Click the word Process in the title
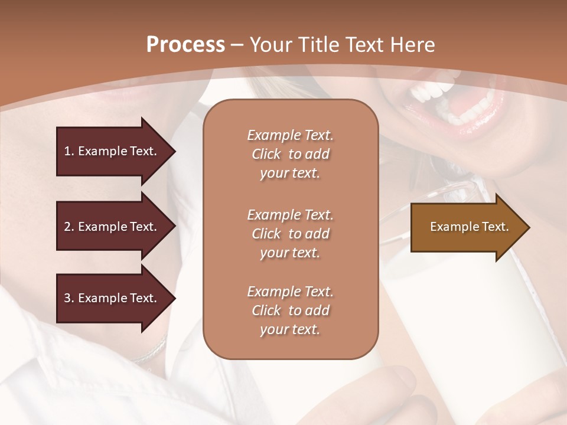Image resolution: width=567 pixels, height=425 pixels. tap(185, 45)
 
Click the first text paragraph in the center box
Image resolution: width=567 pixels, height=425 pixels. tap(290, 154)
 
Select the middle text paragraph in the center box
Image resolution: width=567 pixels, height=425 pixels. tap(290, 234)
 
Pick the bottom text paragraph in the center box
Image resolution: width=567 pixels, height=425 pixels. tap(290, 310)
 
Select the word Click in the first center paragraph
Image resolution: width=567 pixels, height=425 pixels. tap(266, 154)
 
